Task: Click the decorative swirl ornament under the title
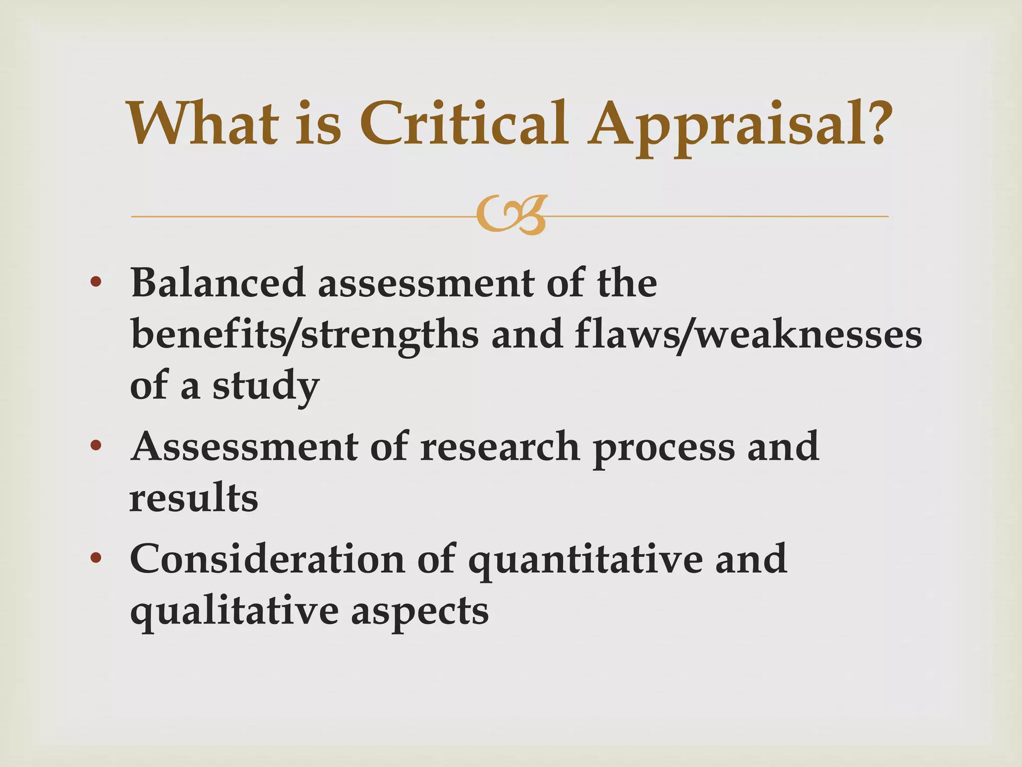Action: tap(511, 216)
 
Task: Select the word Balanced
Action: tap(218, 283)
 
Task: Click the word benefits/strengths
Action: tap(305, 336)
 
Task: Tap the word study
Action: tap(265, 387)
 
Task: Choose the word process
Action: tap(664, 447)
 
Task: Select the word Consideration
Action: tap(267, 559)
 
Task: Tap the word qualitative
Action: tap(234, 612)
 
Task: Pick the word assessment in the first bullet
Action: tap(426, 284)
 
